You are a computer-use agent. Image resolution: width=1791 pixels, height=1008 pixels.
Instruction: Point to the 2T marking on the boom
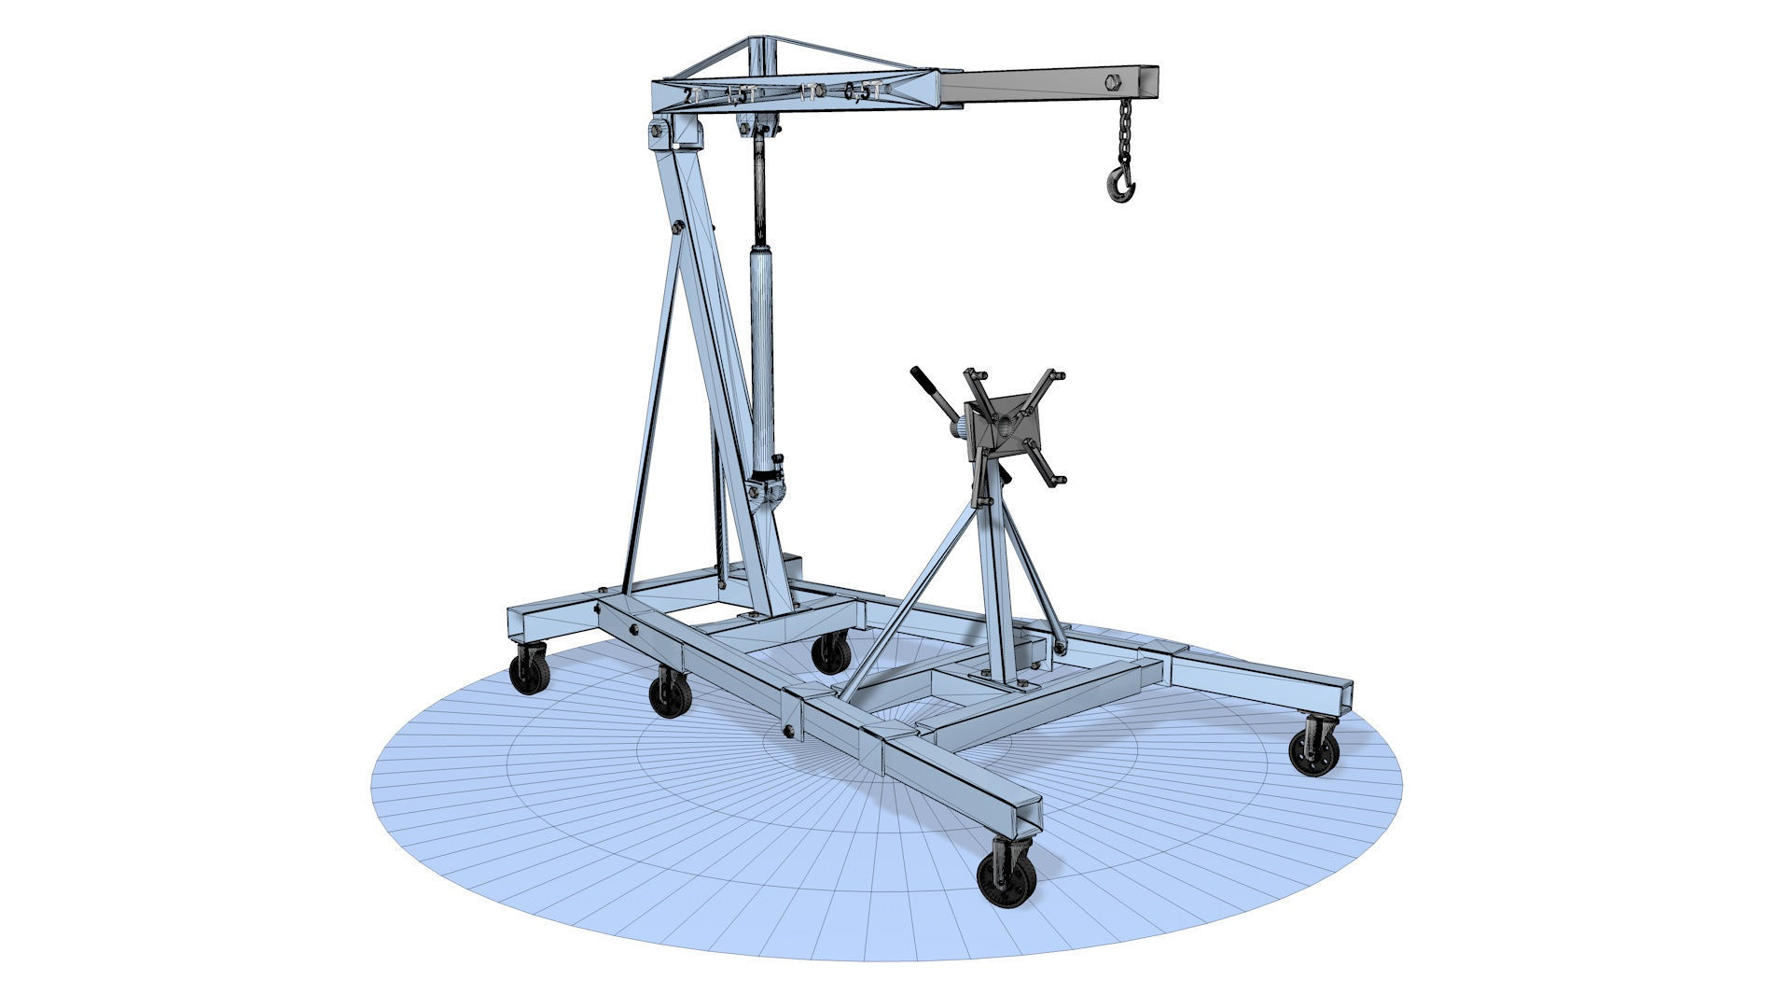pos(688,94)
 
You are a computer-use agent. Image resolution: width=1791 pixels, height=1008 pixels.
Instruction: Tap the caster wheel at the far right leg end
pos(1314,744)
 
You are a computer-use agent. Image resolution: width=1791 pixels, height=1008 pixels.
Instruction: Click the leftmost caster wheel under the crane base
pos(528,671)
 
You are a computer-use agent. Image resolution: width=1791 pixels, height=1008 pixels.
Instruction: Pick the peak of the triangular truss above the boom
pos(757,42)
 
